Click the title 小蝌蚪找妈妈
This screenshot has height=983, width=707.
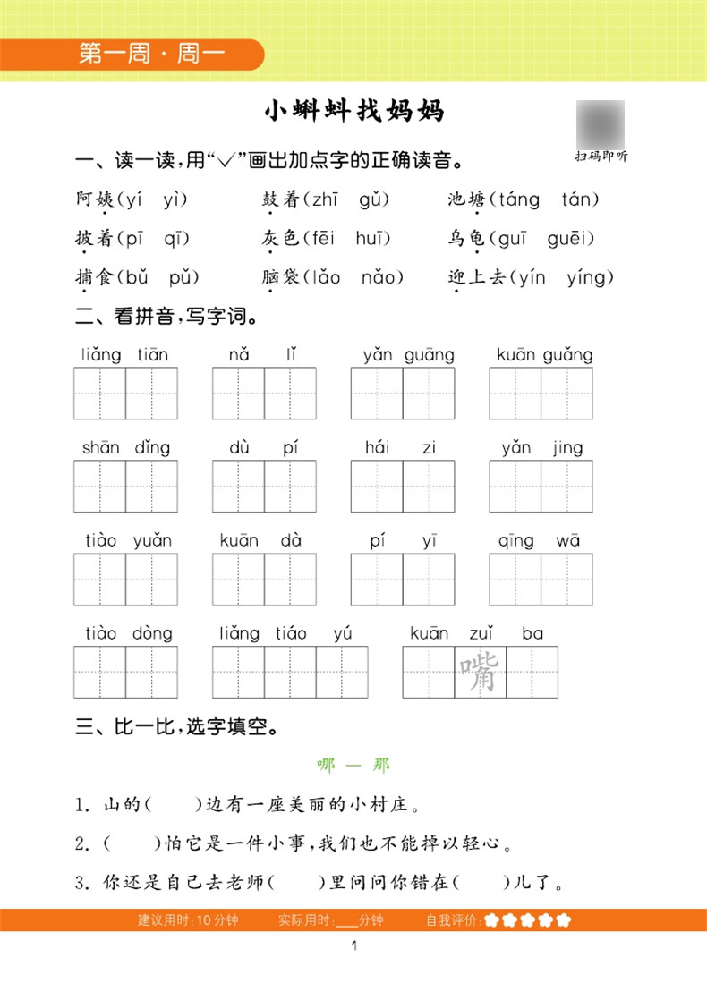coord(354,112)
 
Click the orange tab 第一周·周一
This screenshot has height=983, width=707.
coord(151,54)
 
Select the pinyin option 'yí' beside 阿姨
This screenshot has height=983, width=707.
coord(134,199)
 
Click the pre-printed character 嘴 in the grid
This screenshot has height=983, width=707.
coord(481,673)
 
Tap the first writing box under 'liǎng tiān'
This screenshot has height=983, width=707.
coord(99,394)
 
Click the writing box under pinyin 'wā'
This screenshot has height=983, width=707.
coord(566,579)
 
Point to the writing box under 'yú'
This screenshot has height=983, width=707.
coord(342,673)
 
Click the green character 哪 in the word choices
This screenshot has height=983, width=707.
coord(326,766)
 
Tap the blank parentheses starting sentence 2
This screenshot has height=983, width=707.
coord(131,844)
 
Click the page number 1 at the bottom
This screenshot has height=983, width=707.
coord(355,946)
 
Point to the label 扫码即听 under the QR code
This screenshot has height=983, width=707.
coord(601,157)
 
